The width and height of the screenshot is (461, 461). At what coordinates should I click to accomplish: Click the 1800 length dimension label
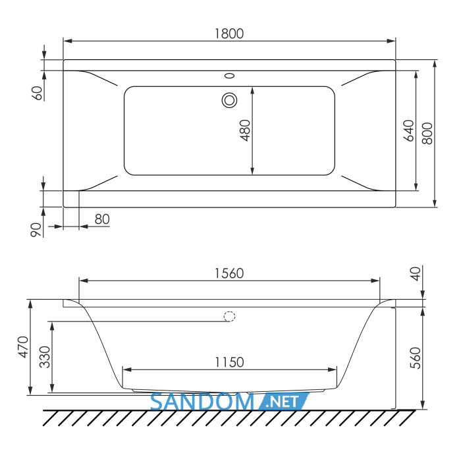pos(229,34)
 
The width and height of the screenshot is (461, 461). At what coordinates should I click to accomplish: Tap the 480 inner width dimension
pos(245,130)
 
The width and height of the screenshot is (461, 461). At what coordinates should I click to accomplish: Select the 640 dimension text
pos(409,130)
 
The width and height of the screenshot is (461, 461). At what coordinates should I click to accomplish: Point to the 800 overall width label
pos(427,134)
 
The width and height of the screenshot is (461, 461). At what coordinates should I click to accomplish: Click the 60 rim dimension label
pos(37,93)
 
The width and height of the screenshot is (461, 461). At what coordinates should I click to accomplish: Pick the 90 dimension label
pos(36,230)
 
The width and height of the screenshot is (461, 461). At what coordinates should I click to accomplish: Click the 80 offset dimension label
pos(102,219)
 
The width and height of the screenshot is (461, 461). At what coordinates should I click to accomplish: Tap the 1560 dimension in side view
pos(229,273)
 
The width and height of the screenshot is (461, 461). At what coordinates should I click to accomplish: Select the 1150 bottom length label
pos(229,362)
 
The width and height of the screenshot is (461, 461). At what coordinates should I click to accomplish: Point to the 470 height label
pos(23,347)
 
